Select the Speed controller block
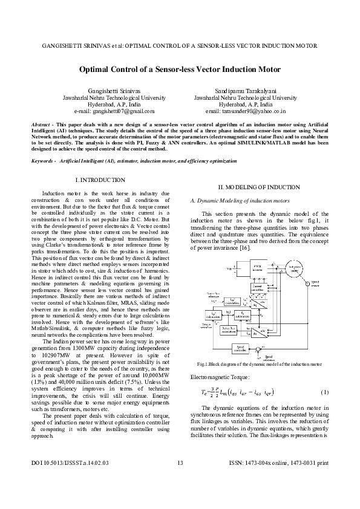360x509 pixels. click(240, 349)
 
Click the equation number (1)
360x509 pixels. click(324, 392)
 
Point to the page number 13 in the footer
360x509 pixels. click(180, 481)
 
